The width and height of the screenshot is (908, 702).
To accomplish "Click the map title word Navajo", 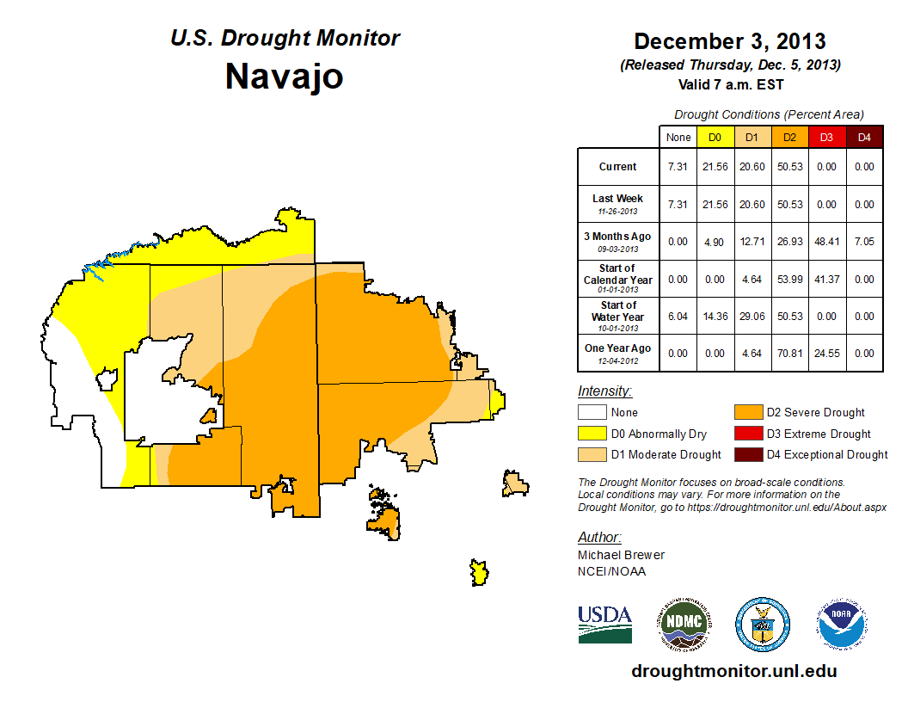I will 285,76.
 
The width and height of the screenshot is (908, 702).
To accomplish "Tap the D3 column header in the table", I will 827,137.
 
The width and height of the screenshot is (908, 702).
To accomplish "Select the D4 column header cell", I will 864,137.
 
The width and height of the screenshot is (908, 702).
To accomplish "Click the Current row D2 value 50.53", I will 790,167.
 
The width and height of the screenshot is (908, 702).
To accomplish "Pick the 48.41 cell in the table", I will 827,242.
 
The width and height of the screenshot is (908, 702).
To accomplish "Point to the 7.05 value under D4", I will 864,242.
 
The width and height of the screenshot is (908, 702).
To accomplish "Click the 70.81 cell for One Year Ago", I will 790,353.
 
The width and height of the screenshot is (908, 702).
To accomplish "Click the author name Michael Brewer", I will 621,555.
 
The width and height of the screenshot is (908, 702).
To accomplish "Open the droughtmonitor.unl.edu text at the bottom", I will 733,671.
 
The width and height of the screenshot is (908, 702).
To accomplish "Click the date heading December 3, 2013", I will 730,41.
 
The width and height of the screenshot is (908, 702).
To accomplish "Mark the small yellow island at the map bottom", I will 479,572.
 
